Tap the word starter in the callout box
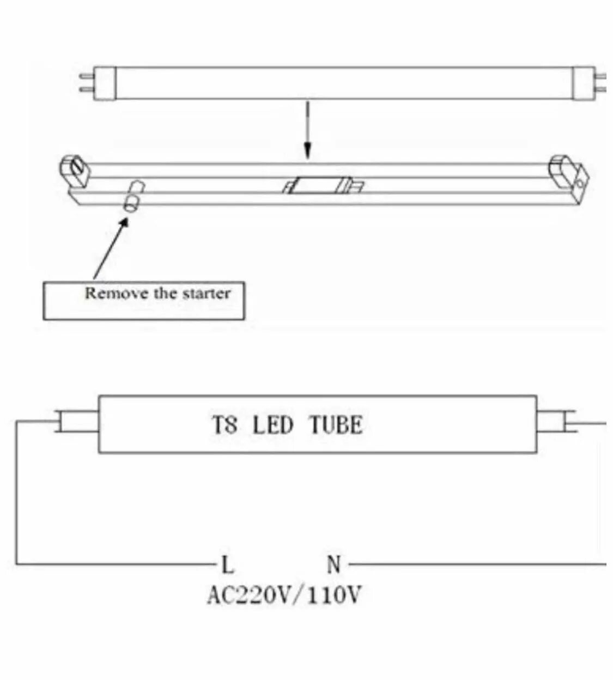point(207,293)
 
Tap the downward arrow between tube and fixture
point(308,131)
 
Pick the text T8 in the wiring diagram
point(224,425)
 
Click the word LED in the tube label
point(272,425)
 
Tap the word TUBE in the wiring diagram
point(336,425)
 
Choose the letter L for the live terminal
point(227,564)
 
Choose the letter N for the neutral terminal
point(334,564)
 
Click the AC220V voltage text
point(250,595)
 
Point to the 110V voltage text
point(334,595)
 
